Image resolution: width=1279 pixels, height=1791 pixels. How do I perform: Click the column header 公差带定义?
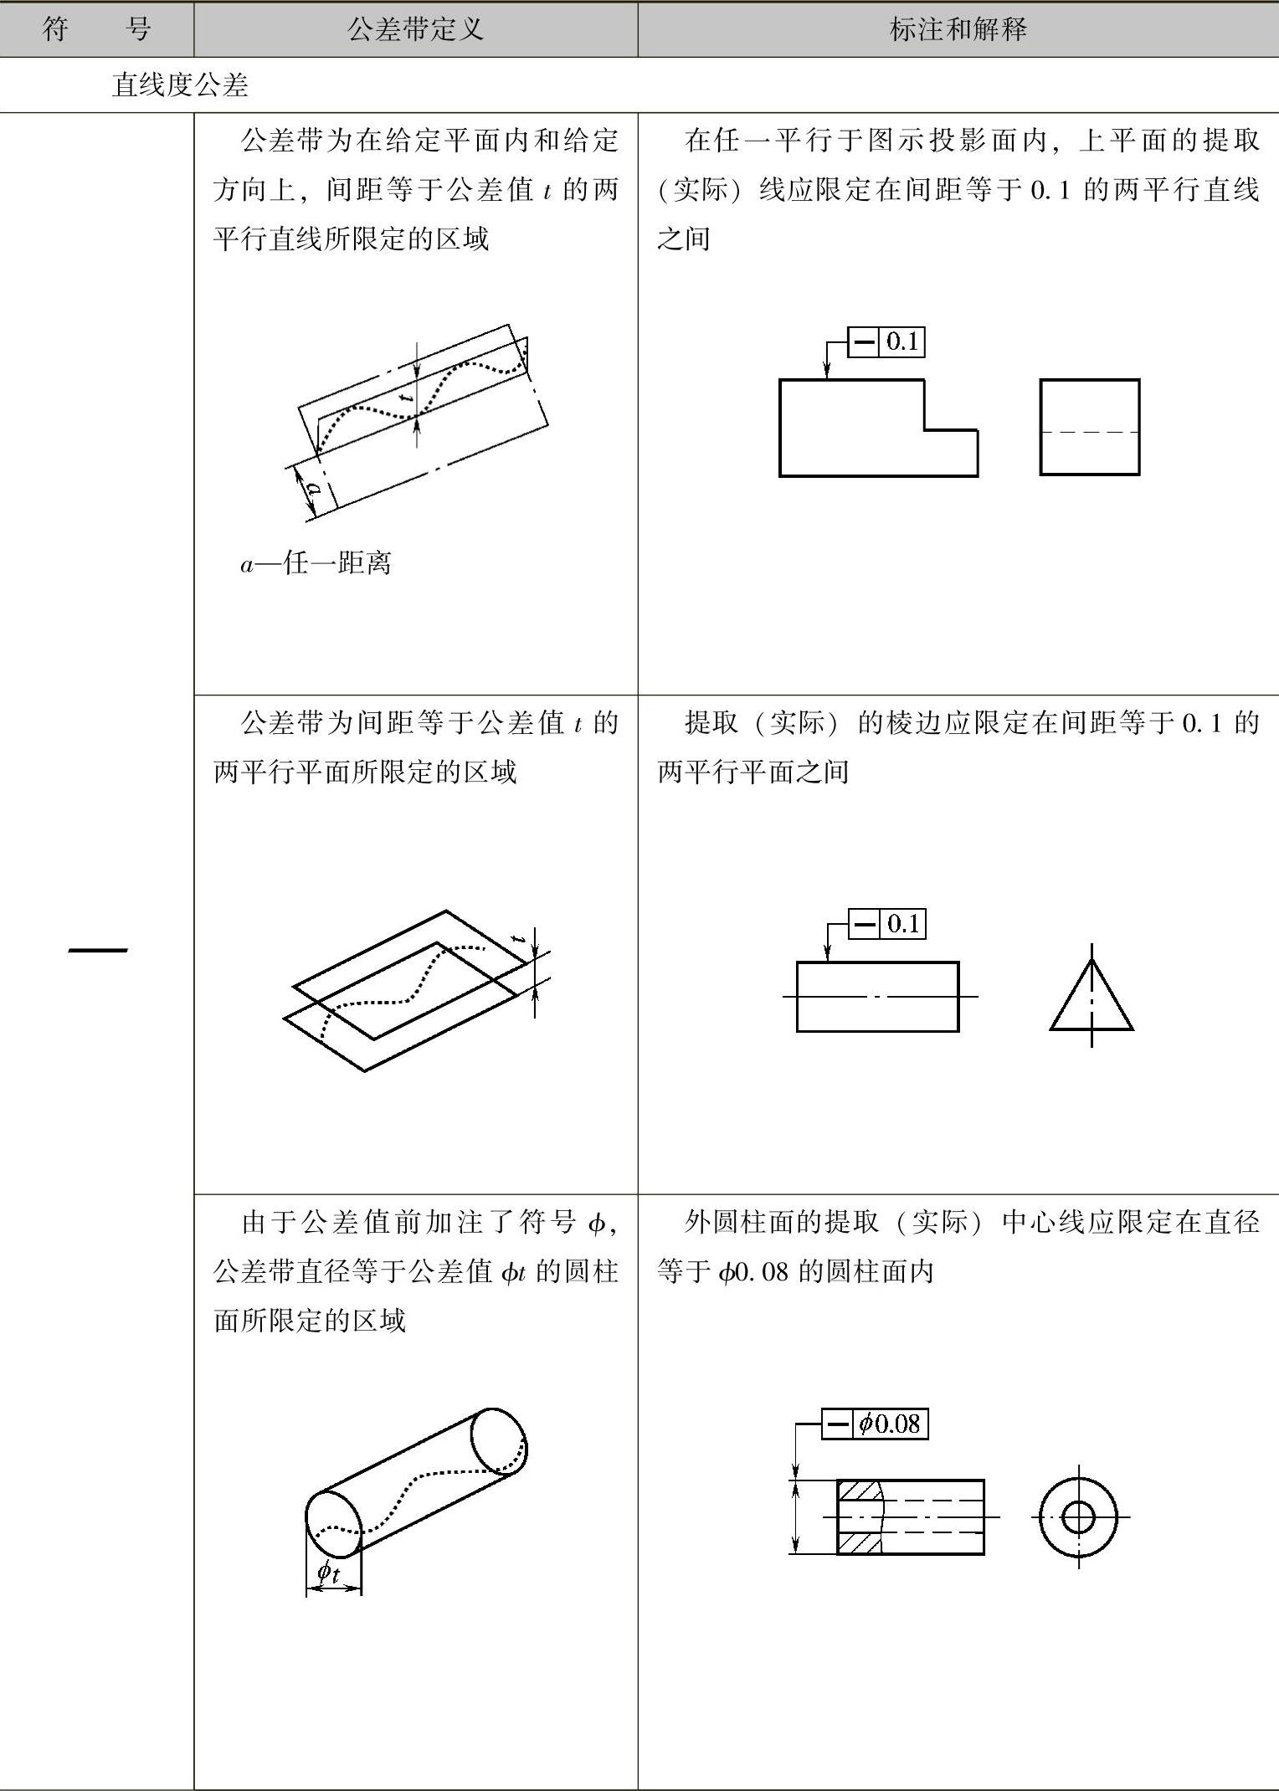(415, 30)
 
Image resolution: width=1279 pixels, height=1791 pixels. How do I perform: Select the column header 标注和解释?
(958, 30)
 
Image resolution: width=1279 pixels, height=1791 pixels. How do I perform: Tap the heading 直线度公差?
(180, 85)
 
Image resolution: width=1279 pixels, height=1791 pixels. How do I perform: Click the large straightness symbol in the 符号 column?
(98, 950)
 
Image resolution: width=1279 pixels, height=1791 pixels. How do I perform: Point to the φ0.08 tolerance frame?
(875, 1423)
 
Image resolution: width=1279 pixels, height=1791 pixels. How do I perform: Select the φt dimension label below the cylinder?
(329, 1573)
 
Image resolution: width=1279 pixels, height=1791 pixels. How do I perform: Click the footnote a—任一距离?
(316, 563)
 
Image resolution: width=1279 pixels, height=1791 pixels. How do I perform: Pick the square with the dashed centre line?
(1089, 428)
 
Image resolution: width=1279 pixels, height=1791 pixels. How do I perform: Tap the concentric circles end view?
(1078, 1516)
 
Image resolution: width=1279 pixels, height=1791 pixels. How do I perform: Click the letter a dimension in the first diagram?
(313, 488)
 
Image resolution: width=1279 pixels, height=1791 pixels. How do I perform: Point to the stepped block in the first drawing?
(862, 429)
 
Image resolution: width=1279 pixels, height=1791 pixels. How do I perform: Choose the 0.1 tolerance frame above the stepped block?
(886, 341)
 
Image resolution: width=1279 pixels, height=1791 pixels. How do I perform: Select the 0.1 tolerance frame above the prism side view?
(886, 924)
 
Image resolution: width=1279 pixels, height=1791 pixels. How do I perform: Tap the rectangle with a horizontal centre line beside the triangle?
(877, 997)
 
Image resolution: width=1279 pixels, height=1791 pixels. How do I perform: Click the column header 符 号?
(96, 30)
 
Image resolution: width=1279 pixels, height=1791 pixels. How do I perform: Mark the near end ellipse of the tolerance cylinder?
(333, 1524)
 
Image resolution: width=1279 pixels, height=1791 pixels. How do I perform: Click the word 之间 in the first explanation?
(683, 239)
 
